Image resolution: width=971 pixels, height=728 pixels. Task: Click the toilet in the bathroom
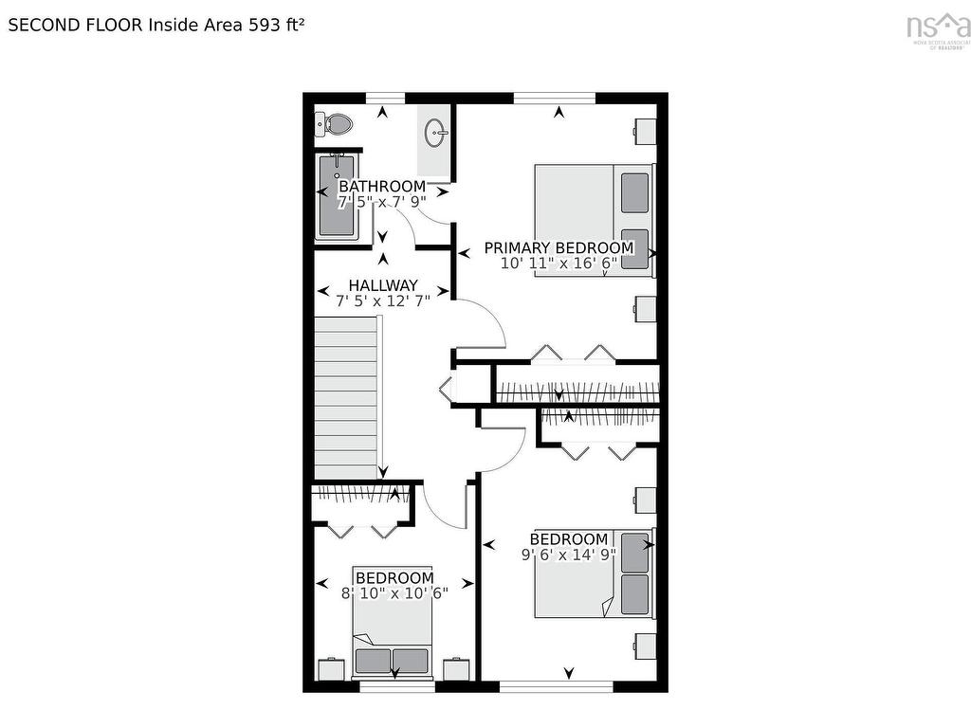tap(335, 123)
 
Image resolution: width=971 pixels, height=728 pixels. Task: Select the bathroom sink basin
tap(436, 132)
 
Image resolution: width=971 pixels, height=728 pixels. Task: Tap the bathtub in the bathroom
tap(336, 195)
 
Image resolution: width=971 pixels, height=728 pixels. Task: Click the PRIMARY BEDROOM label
tap(559, 247)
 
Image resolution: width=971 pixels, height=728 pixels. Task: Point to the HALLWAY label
tap(383, 285)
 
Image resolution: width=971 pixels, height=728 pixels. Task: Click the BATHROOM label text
tap(382, 187)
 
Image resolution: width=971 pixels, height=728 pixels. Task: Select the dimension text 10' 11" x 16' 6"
tap(559, 264)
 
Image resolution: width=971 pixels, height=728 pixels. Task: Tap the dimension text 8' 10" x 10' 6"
tap(394, 592)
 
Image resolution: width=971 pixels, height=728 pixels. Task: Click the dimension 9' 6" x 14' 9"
tap(568, 555)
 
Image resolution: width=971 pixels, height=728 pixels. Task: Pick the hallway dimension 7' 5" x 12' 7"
tap(383, 300)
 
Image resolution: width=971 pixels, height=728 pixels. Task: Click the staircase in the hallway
tap(347, 397)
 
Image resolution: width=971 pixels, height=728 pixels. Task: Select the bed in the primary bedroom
tap(594, 220)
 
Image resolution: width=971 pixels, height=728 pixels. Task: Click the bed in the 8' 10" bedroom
tap(393, 645)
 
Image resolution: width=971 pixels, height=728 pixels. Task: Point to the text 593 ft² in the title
tap(277, 26)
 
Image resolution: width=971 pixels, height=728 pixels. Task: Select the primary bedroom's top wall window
tap(555, 97)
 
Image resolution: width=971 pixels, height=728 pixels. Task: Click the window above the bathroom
tap(385, 97)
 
